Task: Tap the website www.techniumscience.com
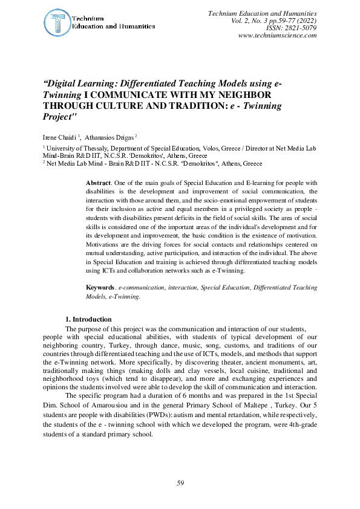pyautogui.click(x=278, y=36)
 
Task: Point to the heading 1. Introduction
pyautogui.click(x=88, y=319)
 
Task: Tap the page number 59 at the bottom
pyautogui.click(x=180, y=482)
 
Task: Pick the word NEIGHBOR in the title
pyautogui.click(x=245, y=95)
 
